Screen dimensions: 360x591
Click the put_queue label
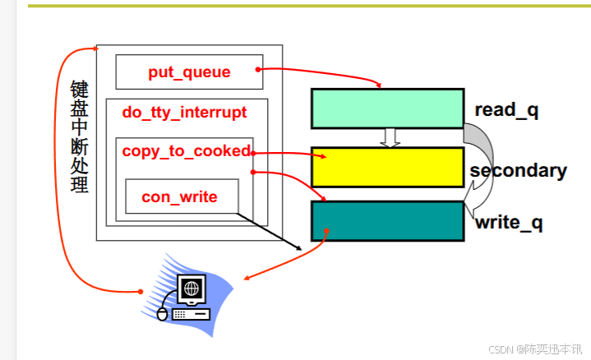coord(189,72)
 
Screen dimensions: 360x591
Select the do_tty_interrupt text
coord(184,112)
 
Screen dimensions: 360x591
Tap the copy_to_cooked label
coord(187,151)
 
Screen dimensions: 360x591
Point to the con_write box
coord(182,196)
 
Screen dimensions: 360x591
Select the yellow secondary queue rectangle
coord(387,168)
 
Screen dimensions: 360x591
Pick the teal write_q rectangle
coord(387,220)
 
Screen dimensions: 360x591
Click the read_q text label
coord(506,110)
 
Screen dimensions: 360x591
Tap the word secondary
coord(519,171)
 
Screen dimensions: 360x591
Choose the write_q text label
coord(509,222)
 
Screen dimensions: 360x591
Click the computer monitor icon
coord(192,289)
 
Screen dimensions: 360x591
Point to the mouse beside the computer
coord(162,314)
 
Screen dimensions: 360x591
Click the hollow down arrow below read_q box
coord(390,138)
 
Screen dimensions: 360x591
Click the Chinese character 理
coord(79,184)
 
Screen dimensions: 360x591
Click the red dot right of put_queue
coord(258,69)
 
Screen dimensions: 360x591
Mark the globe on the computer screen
coord(191,288)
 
